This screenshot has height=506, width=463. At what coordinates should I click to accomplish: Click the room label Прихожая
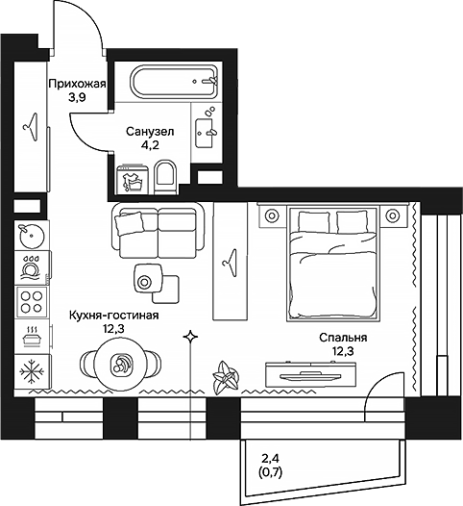coord(76,84)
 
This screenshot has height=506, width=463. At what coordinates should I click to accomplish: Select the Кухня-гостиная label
coord(114,315)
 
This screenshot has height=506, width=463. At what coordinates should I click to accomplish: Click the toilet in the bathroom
coord(166,175)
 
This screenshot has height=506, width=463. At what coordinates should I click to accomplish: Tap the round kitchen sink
coord(32,234)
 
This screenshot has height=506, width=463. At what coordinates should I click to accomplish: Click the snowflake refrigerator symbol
coord(32,370)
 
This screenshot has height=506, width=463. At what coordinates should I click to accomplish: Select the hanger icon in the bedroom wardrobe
coord(231,258)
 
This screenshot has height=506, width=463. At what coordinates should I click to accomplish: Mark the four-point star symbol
coord(191,336)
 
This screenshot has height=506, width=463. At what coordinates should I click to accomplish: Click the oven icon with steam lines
coord(32,334)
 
